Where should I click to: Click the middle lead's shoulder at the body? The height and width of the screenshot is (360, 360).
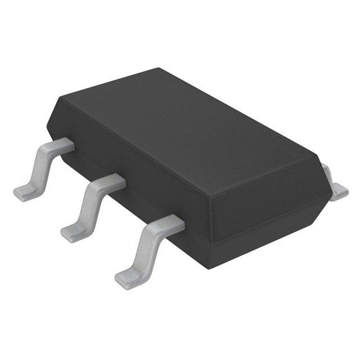tap(112, 181)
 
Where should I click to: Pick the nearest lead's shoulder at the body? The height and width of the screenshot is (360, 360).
tap(172, 224)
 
